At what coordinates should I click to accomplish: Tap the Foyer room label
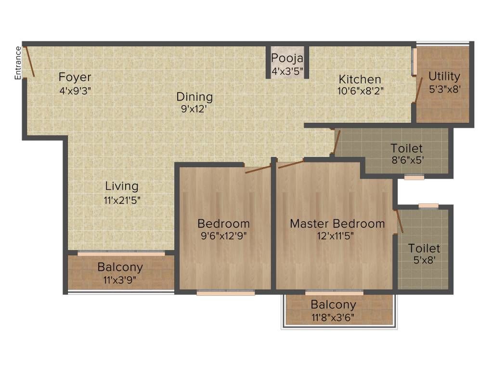tap(75, 77)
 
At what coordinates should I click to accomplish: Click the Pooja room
tap(287, 63)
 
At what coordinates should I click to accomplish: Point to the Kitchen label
tap(360, 79)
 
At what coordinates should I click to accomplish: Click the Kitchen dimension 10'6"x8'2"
tap(360, 90)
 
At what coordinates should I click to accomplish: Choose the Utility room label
tap(444, 76)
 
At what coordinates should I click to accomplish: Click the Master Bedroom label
tap(337, 224)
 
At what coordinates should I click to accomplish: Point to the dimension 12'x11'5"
tap(337, 236)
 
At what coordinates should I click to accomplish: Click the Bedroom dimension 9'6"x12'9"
tap(224, 236)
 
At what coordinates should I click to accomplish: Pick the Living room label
tap(122, 186)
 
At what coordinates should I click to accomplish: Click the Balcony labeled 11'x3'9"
tap(120, 273)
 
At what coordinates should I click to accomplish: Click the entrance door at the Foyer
tap(30, 61)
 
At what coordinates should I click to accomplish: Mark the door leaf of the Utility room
tap(419, 89)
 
